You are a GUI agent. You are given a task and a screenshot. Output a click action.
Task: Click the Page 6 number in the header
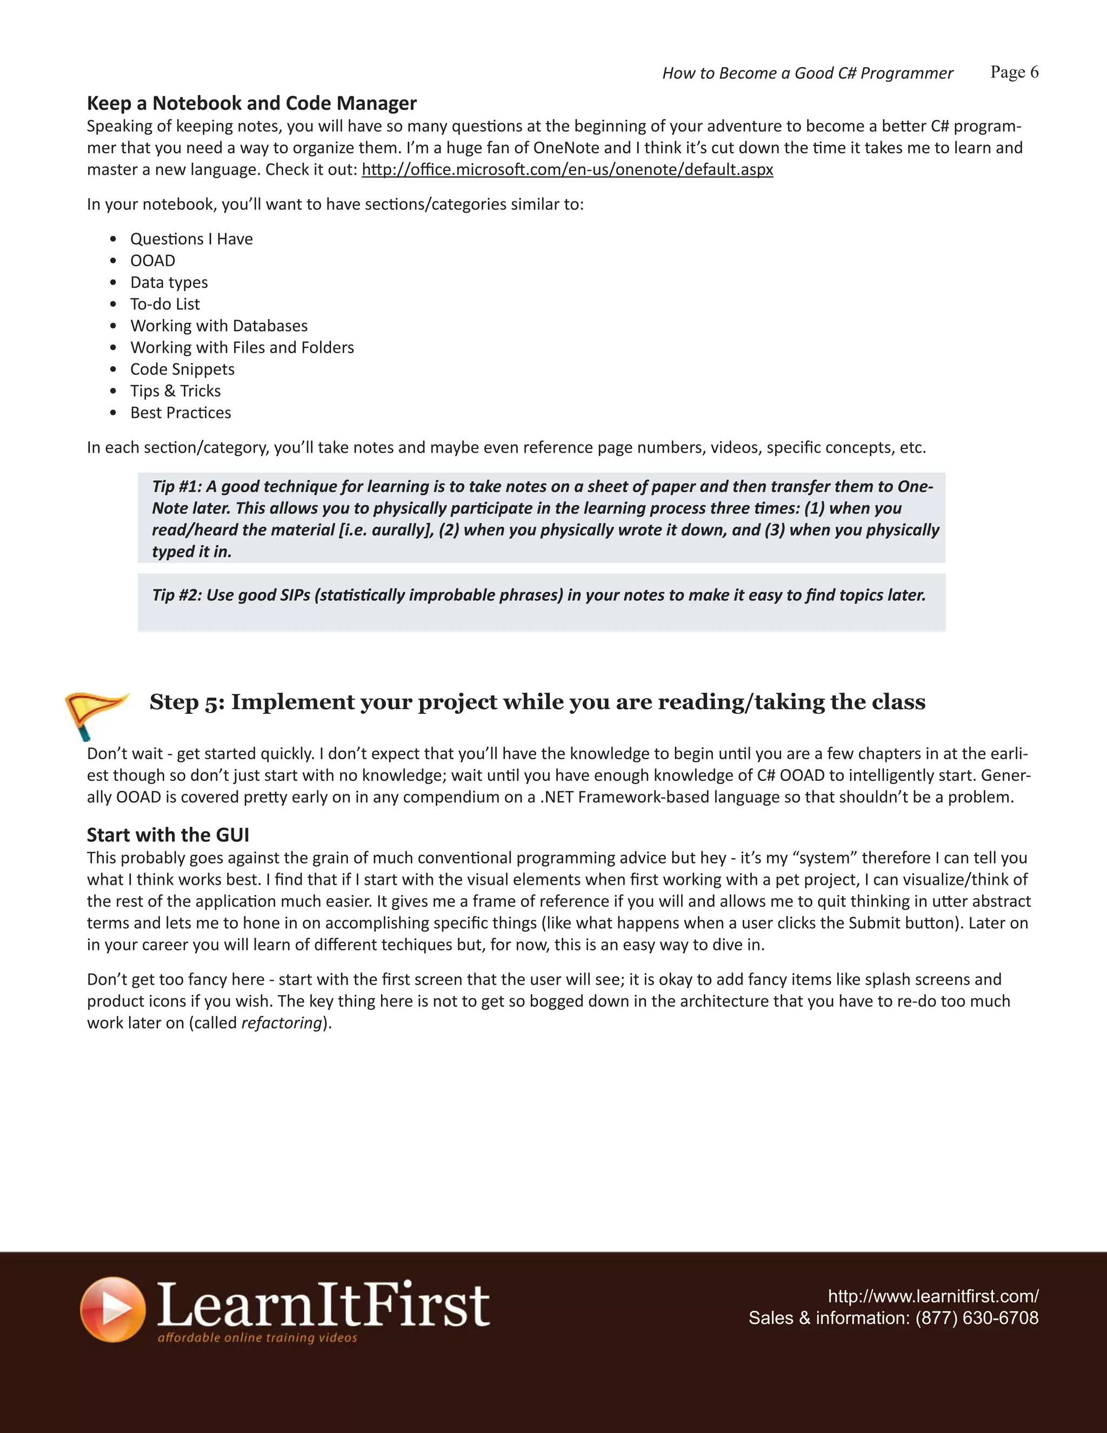pos(1014,72)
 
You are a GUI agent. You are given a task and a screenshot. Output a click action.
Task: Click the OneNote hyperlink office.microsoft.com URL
pos(567,170)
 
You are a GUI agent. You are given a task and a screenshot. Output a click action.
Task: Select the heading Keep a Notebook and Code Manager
pos(252,103)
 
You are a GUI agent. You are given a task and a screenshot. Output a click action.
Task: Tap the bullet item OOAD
pos(153,261)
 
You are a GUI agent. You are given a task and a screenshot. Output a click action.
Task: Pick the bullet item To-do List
pos(165,304)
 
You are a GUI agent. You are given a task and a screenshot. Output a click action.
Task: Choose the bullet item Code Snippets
pos(182,369)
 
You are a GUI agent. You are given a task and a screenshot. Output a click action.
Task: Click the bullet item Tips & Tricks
pos(175,391)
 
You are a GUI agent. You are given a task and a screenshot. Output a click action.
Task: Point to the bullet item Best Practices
pos(181,413)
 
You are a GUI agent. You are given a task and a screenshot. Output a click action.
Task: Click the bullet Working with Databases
pos(218,326)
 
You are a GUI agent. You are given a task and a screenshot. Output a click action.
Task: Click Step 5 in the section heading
pos(187,702)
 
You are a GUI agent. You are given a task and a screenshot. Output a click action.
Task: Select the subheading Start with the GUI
pos(168,835)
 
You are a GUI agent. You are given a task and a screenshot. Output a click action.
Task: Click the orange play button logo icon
pos(113,1310)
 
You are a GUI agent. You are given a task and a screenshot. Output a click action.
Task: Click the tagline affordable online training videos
pos(257,1338)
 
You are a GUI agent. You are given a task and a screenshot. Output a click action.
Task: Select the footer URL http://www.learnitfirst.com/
pos(932,1297)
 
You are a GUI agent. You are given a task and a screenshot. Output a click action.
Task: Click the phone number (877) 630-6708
pos(977,1318)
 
